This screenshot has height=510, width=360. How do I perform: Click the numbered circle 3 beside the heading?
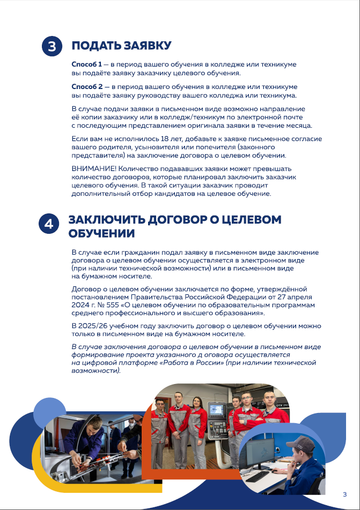[52, 47]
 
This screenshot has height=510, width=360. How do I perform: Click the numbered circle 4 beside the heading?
[48, 224]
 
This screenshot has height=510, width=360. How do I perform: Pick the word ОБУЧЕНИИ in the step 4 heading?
[101, 234]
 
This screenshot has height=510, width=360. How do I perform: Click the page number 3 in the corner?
[344, 494]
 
